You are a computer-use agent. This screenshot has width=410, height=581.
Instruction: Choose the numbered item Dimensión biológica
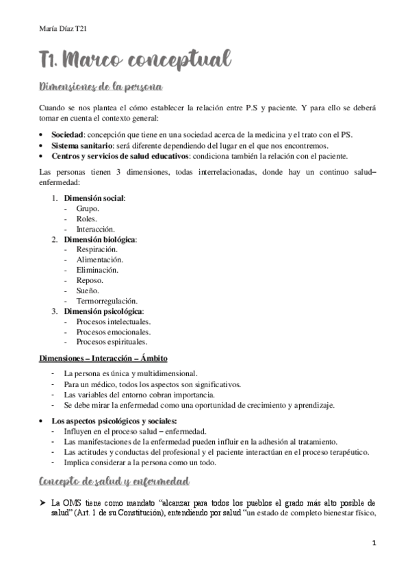click(x=100, y=239)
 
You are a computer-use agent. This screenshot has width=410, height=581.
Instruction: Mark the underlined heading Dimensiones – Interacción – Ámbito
click(x=103, y=358)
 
